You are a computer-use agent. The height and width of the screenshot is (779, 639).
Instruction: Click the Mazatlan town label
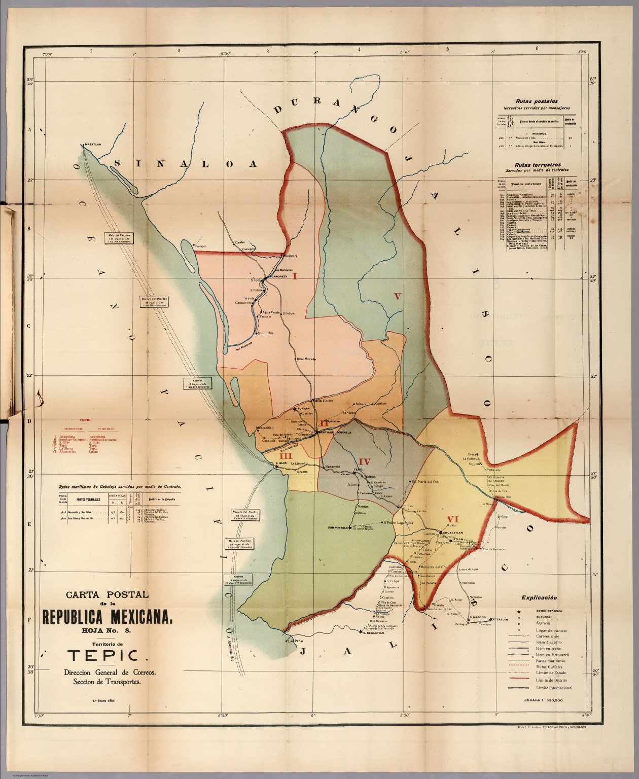pyautogui.click(x=93, y=145)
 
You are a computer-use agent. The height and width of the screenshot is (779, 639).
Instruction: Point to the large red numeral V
pyautogui.click(x=398, y=296)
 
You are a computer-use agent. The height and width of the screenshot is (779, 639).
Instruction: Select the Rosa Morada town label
pyautogui.click(x=306, y=359)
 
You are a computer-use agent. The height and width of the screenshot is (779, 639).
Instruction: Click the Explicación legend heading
pyautogui.click(x=539, y=598)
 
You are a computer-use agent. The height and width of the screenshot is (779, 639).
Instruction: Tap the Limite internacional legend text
pyautogui.click(x=554, y=688)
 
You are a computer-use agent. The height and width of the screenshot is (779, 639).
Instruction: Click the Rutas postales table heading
pyautogui.click(x=536, y=101)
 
